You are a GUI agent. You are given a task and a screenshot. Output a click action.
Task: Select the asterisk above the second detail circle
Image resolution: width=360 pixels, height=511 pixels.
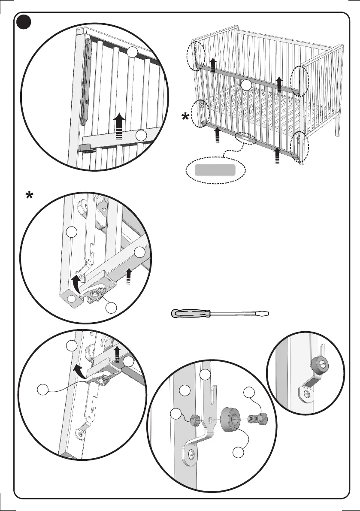29,196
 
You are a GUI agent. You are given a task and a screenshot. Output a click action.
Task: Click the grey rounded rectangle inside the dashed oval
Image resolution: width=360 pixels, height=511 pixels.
215,170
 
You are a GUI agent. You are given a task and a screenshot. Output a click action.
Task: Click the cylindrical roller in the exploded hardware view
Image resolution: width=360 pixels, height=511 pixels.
231,417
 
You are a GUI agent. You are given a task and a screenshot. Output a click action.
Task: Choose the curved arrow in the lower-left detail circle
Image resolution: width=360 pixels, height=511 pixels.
79,370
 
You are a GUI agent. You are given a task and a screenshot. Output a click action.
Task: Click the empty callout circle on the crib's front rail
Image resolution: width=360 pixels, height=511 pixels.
246,85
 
